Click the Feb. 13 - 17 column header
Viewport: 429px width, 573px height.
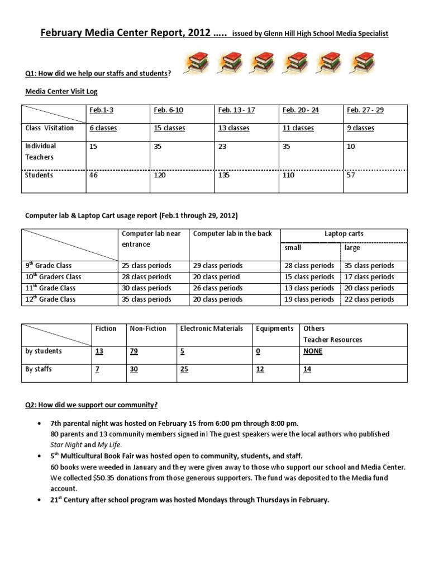coord(236,110)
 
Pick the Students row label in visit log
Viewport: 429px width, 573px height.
coord(39,175)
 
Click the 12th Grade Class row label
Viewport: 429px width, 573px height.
coord(50,299)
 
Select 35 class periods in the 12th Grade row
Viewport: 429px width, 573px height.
coord(146,299)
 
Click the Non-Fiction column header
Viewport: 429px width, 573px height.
coord(148,328)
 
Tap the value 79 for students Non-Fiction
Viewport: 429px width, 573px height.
coord(135,351)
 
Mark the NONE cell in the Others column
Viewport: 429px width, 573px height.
coord(313,351)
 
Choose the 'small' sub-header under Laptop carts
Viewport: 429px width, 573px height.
coord(293,247)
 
